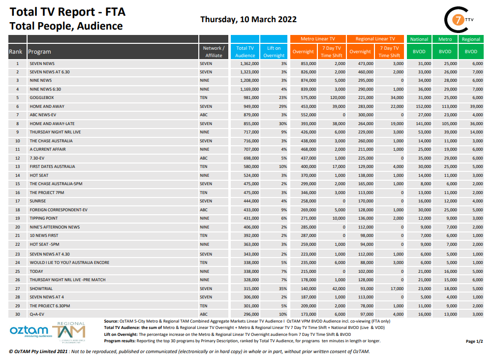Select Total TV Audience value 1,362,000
click(x=248, y=64)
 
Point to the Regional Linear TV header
click(x=375, y=39)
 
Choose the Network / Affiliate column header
click(x=214, y=52)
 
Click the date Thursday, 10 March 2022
click(x=248, y=20)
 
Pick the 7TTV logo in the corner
click(x=459, y=20)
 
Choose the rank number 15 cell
click(x=17, y=184)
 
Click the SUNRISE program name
click(x=39, y=201)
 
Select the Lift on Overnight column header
click(x=274, y=52)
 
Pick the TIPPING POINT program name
click(x=44, y=218)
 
